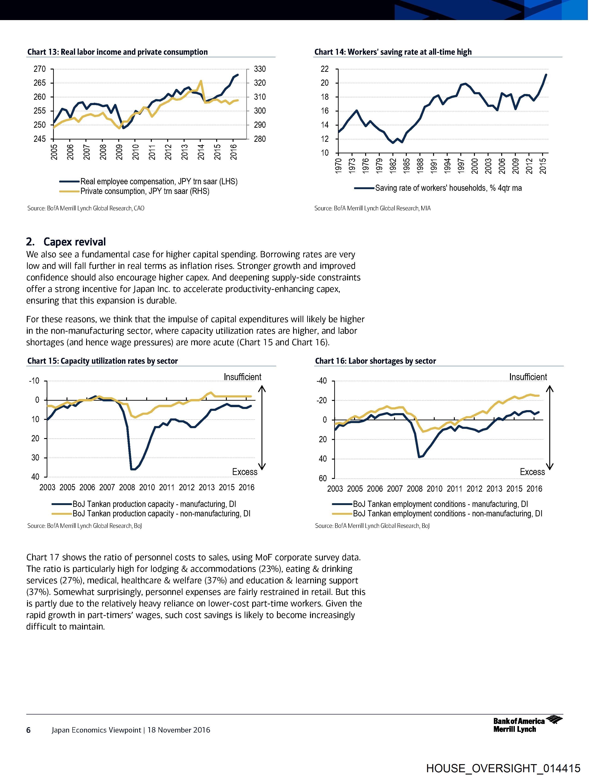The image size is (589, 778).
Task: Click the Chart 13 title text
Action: tap(118, 52)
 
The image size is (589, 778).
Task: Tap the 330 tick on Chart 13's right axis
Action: tap(260, 69)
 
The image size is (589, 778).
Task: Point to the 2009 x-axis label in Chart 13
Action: tap(119, 152)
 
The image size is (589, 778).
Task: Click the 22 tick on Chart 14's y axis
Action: tap(324, 69)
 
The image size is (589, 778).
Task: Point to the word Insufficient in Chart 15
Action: tap(243, 377)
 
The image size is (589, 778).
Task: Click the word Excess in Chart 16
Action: tap(532, 472)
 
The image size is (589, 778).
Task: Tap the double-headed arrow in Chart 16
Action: tap(550, 428)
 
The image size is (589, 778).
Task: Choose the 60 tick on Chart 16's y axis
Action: tap(323, 479)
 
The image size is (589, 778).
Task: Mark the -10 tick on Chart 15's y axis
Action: tap(34, 381)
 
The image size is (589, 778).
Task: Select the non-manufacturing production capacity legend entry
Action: tap(161, 514)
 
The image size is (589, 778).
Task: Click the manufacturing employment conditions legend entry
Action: tap(440, 504)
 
